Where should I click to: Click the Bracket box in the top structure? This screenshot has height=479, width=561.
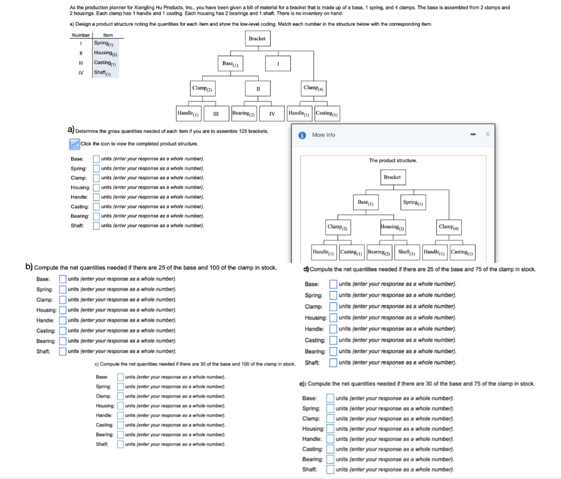tap(257, 38)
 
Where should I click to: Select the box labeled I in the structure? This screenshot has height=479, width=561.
tap(278, 64)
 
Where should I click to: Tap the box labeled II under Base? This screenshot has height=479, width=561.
tap(258, 89)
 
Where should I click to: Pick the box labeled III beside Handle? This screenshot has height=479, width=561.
tap(216, 114)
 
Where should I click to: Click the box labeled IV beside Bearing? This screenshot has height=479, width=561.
tap(272, 114)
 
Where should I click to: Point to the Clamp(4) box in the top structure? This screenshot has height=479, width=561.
tap(313, 88)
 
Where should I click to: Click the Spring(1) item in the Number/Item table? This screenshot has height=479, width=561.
tap(104, 44)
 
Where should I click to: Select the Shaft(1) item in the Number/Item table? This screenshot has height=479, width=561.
tap(102, 73)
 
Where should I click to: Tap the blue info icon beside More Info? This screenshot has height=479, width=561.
tap(302, 135)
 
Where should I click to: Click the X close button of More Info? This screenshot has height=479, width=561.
tap(487, 134)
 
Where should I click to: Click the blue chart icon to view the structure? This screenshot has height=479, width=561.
tap(75, 144)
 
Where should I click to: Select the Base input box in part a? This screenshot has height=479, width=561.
tap(96, 158)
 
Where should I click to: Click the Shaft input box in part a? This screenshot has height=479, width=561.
tap(96, 226)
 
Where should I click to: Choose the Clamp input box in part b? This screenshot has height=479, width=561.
tap(62, 300)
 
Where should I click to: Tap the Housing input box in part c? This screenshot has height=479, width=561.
tap(121, 406)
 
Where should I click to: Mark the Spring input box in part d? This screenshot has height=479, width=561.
tap(333, 295)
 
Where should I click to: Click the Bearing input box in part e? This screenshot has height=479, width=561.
tap(330, 459)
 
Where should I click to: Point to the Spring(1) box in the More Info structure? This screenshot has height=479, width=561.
tap(413, 202)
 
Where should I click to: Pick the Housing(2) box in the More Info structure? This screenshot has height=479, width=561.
tap(393, 227)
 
